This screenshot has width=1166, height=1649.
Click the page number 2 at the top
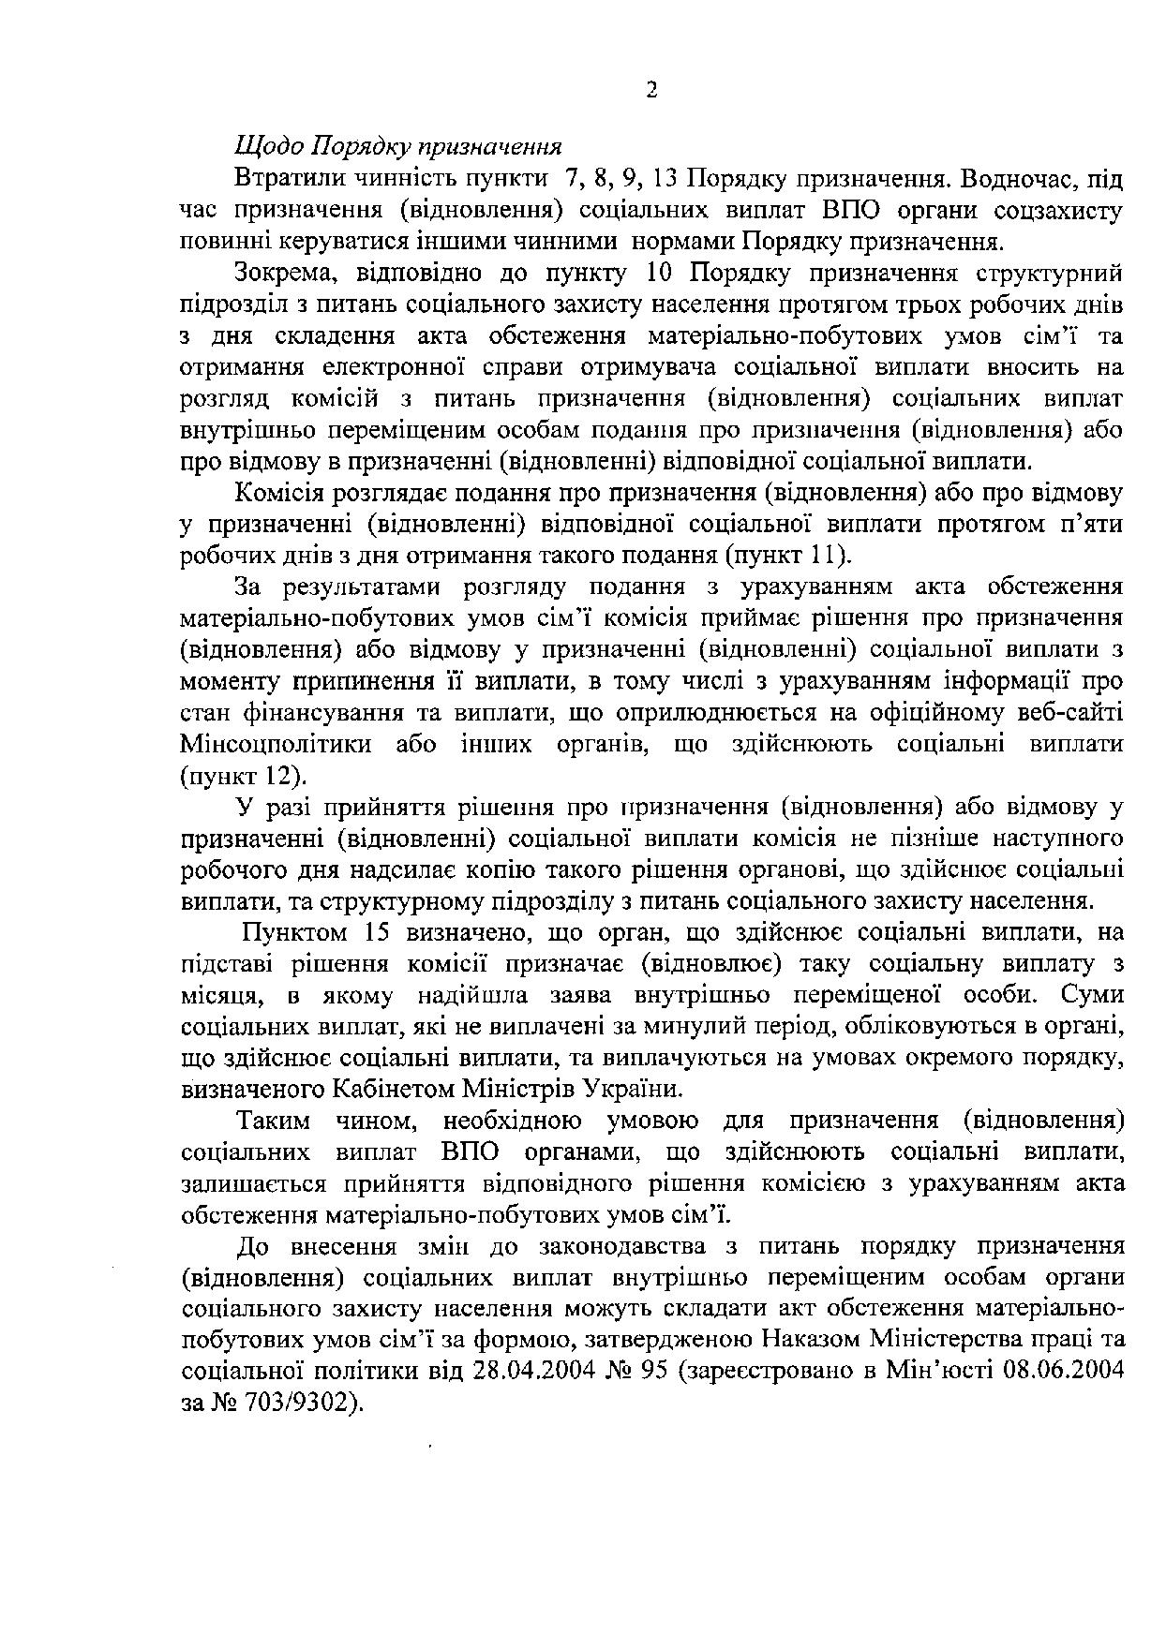pyautogui.click(x=651, y=90)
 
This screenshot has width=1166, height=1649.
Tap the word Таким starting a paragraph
pyautogui.click(x=274, y=1121)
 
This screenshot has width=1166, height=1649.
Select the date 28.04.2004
pyautogui.click(x=525, y=1372)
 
